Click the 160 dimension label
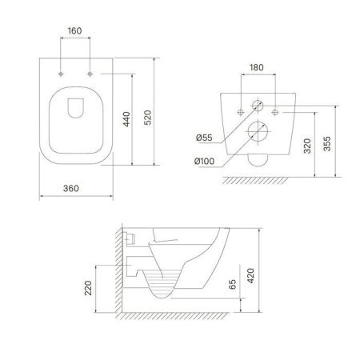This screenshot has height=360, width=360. coord(74,31)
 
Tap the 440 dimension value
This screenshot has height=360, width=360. coord(126,119)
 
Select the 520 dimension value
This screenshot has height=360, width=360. coord(147,118)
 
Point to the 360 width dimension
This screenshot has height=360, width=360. coord(71,188)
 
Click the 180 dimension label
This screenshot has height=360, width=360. coord(257,67)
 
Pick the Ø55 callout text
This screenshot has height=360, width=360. coord(204,138)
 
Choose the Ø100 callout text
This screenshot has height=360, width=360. coord(204,161)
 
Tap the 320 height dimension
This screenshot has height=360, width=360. coord(307,146)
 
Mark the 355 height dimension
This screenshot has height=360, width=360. coord(327,144)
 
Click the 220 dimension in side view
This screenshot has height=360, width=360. coord(88,288)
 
